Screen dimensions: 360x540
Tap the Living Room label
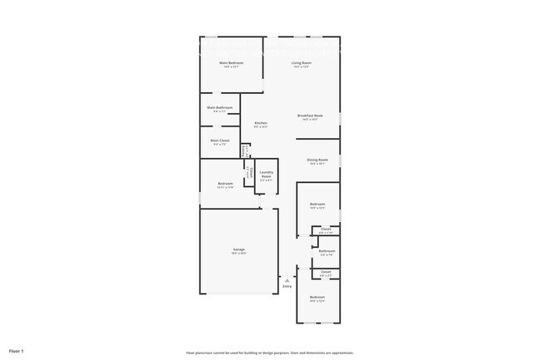301,63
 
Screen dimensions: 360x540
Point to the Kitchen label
260,123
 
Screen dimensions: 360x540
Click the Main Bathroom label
220,107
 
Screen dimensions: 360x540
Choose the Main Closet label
220,141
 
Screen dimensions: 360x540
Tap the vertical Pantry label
243,151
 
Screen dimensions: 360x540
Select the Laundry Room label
266,175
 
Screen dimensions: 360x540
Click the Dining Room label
317,160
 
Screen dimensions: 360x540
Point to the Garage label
238,249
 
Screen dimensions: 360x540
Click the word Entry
287,287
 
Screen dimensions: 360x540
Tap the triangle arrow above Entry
287,281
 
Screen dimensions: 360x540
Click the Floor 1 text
16,351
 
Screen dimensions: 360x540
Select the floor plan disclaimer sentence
270,352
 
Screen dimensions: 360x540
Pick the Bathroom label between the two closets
327,250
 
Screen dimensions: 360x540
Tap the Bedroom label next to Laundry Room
225,184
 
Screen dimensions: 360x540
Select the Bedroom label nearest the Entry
317,297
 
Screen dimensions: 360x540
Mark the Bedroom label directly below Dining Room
317,204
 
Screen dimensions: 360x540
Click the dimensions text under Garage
238,254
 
